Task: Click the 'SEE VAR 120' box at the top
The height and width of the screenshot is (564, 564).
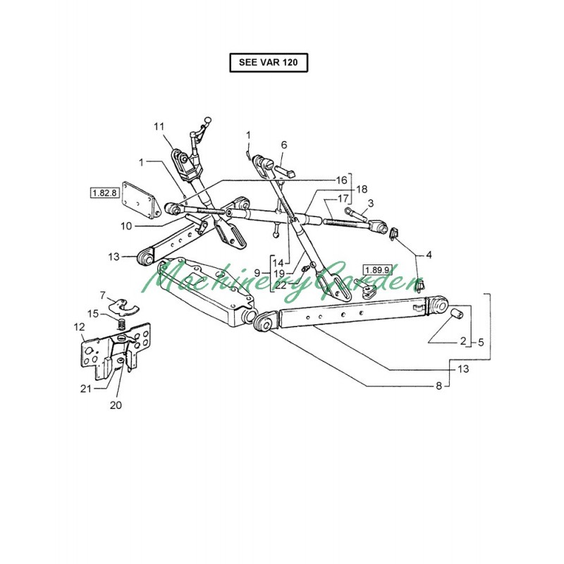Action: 269,63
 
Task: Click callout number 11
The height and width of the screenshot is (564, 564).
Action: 159,126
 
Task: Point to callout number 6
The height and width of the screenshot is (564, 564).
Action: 284,145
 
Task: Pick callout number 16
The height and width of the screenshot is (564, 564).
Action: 341,180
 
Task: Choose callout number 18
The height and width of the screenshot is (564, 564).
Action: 362,190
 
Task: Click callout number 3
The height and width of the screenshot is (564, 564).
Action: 371,204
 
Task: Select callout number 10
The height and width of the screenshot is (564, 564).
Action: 125,226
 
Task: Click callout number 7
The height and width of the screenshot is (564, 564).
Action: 102,295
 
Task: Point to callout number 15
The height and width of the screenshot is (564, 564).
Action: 93,313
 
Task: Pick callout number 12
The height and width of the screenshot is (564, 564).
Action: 79,326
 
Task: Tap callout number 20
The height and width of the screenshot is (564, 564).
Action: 115,405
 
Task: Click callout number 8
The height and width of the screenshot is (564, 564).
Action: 438,386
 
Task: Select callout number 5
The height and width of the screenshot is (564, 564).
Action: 480,342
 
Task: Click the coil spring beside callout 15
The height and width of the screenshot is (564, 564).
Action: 121,324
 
